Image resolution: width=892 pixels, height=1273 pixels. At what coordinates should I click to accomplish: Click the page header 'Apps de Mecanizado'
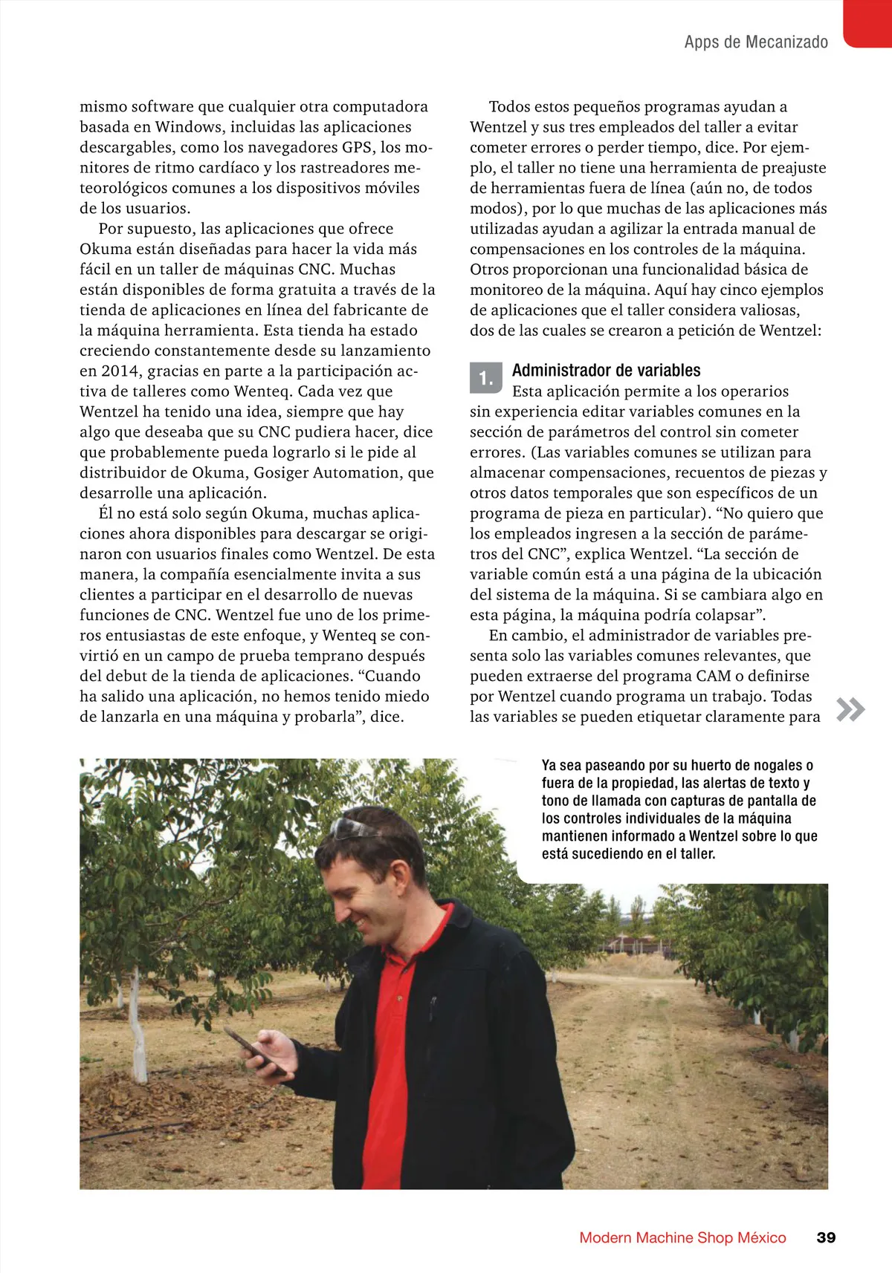755,42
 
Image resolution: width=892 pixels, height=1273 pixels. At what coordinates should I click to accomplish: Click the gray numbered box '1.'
486,378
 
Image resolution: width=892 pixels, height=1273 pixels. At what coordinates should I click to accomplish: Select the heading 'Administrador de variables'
606,370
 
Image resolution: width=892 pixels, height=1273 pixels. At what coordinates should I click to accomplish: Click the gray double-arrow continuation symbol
850,710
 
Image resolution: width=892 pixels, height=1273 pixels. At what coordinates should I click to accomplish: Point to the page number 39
826,1237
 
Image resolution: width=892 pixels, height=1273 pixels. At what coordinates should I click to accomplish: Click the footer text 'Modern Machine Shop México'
682,1237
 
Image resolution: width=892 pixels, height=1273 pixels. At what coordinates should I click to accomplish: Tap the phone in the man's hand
251,1048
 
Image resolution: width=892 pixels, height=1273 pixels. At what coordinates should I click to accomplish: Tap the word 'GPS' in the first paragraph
358,147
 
